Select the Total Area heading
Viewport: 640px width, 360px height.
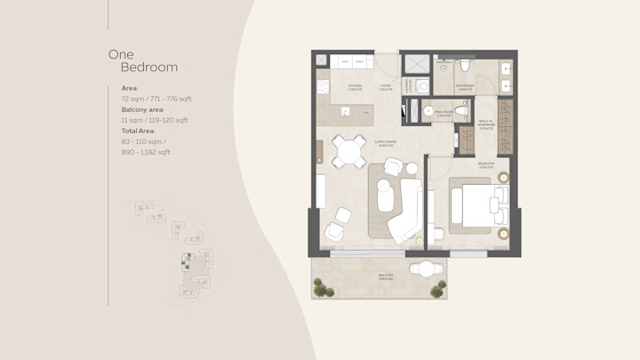point(139,131)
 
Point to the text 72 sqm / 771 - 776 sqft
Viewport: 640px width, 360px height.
point(156,100)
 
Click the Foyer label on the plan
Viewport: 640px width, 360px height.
point(385,88)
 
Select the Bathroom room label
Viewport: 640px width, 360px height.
point(464,88)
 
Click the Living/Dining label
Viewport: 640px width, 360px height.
point(384,142)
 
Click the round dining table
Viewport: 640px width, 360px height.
point(348,152)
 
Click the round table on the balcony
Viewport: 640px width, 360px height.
point(426,269)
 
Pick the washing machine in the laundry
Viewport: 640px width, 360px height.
point(422,85)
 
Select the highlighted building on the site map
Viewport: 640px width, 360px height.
point(188,260)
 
